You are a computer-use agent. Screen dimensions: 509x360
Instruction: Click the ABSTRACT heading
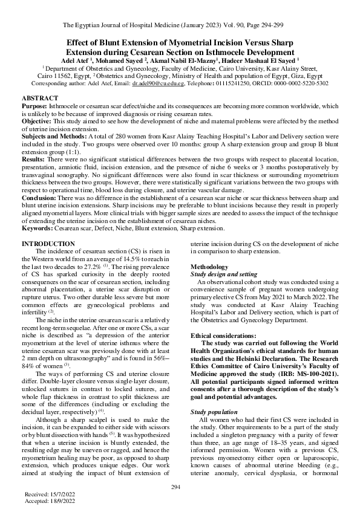(x=40, y=98)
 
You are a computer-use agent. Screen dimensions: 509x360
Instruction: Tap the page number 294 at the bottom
(x=176, y=487)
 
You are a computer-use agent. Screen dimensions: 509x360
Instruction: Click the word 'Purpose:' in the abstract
(x=34, y=106)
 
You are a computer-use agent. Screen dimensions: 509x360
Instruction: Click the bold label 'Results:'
(x=34, y=158)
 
